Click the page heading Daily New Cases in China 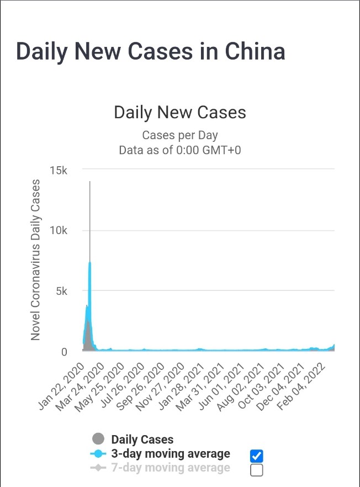[x=150, y=51]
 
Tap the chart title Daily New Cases [x=179, y=112]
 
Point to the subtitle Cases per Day [x=179, y=135]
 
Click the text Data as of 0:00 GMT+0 [x=179, y=150]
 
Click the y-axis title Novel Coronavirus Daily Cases [x=35, y=260]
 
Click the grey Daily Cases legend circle [x=98, y=440]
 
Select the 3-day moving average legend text [x=170, y=454]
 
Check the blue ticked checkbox [x=256, y=456]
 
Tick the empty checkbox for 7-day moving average [x=256, y=470]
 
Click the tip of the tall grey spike [x=89, y=182]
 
